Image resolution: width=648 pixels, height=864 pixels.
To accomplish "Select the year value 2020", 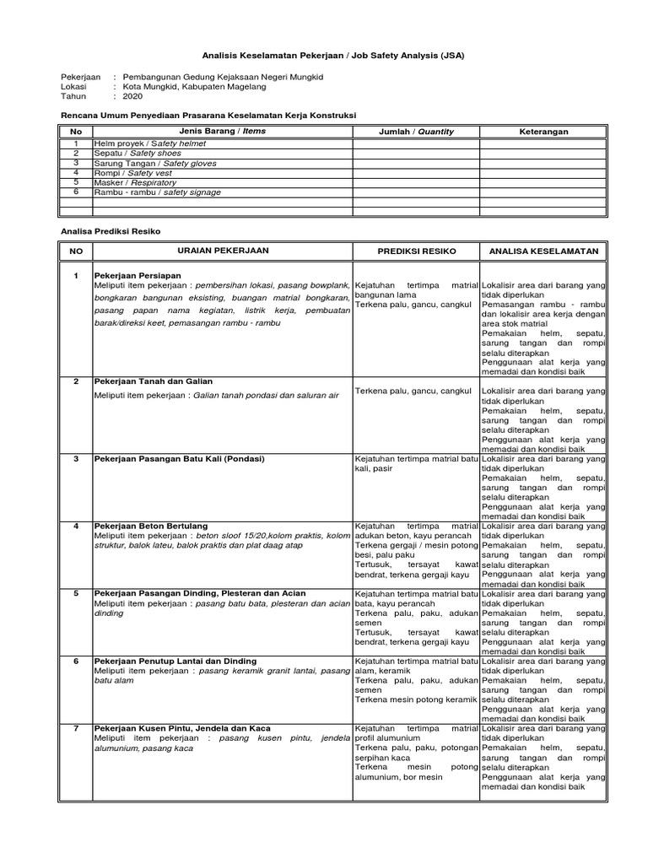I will [133, 96].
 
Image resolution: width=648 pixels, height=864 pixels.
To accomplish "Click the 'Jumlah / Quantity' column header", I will [416, 132].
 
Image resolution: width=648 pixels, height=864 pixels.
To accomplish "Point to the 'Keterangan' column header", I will [543, 132].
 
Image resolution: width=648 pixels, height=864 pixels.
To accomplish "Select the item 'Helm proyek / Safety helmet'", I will [150, 143].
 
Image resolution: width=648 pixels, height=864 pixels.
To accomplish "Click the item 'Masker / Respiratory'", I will [136, 181].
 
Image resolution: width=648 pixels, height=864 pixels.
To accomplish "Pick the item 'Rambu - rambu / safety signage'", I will [158, 192].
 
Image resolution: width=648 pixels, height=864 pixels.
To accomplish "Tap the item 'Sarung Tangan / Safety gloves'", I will [154, 163].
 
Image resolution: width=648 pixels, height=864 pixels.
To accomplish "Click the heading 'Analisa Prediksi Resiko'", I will [111, 231].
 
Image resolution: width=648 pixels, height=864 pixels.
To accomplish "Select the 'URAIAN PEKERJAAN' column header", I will [223, 251].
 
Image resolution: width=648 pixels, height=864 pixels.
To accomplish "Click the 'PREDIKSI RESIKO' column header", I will [416, 251].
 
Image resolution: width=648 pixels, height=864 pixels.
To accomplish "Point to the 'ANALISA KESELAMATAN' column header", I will [543, 251].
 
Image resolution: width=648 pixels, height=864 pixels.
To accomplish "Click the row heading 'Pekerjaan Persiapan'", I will [138, 276].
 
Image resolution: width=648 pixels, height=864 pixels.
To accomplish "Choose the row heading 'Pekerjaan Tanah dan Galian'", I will [154, 381].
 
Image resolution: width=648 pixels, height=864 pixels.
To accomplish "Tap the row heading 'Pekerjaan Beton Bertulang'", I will [151, 526].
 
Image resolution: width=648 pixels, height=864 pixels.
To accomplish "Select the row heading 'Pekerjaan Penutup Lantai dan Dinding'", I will [175, 661].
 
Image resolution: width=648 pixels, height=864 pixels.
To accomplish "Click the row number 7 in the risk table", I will [76, 727].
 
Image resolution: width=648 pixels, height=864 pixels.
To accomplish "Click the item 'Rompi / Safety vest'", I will [133, 172].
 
